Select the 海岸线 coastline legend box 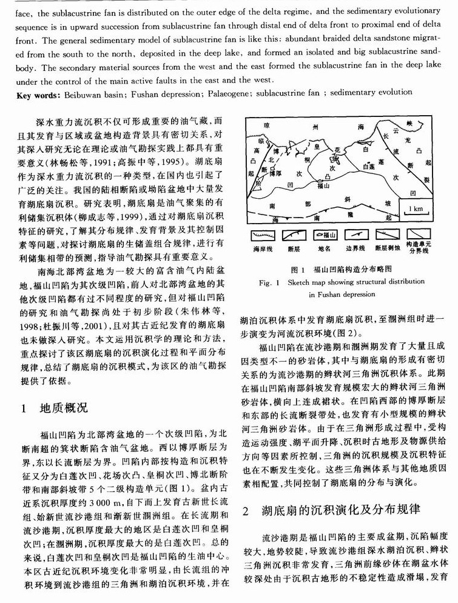coord(262,235)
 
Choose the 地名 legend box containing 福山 coord(328,235)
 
